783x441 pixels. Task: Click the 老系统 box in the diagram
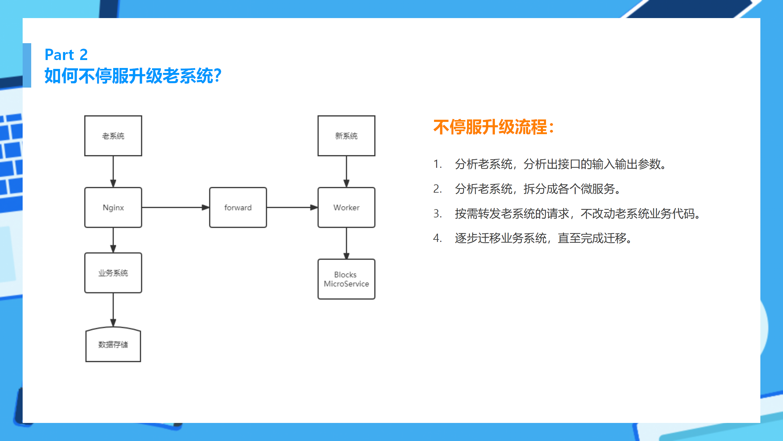113,136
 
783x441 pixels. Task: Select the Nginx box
113,207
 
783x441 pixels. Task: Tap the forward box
238,207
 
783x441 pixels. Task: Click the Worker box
346,207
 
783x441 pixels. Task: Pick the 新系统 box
346,136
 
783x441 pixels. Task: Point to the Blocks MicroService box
346,279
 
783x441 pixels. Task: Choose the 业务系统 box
113,273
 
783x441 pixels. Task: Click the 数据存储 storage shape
113,345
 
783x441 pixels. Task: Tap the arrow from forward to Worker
292,207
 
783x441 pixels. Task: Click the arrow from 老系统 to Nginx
113,171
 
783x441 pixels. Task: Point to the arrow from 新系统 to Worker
346,171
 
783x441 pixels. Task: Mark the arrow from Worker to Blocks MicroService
346,243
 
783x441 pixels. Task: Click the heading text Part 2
66,55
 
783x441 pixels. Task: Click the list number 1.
437,164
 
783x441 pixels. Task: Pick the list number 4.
437,238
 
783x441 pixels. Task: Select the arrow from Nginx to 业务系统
113,240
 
